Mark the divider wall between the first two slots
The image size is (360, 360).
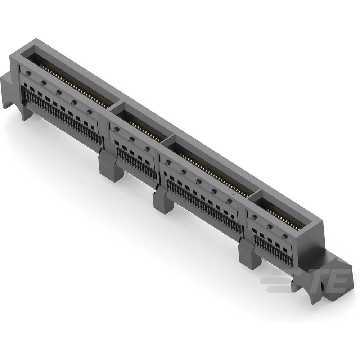point(115,106)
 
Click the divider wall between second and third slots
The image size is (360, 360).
point(169,139)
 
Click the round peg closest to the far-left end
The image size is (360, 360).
point(27,73)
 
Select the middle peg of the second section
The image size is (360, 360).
point(132,139)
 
